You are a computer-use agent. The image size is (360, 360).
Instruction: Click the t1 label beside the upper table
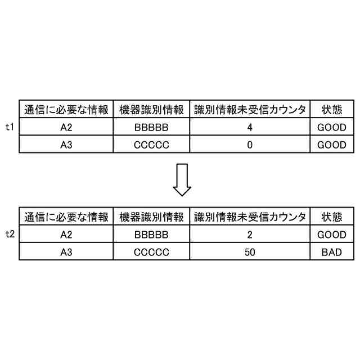pyautogui.click(x=9, y=127)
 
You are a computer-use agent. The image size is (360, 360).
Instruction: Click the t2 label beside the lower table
pyautogui.click(x=9, y=235)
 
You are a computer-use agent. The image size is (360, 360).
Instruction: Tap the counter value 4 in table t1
pyautogui.click(x=250, y=128)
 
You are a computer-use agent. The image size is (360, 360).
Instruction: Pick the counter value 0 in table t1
pyautogui.click(x=250, y=145)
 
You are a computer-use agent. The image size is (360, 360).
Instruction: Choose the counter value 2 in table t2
pyautogui.click(x=250, y=235)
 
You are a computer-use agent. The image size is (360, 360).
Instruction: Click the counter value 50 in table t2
pyautogui.click(x=250, y=252)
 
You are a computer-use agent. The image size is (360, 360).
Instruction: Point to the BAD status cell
pyautogui.click(x=332, y=252)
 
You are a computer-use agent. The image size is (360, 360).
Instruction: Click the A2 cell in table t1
pyautogui.click(x=66, y=128)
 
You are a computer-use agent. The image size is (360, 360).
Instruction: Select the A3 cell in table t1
pyautogui.click(x=66, y=145)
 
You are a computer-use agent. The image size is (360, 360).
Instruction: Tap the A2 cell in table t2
pyautogui.click(x=66, y=235)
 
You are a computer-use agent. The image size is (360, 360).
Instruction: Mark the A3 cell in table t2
pyautogui.click(x=66, y=252)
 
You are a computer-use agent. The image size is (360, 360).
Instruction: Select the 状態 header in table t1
pyautogui.click(x=332, y=109)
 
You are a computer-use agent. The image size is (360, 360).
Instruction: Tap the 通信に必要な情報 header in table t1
pyautogui.click(x=66, y=109)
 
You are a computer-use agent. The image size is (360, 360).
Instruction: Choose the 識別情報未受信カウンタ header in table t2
pyautogui.click(x=250, y=217)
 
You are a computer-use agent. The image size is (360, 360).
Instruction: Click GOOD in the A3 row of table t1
pyautogui.click(x=332, y=145)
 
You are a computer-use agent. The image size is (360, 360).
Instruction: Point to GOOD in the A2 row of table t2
pyautogui.click(x=332, y=235)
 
